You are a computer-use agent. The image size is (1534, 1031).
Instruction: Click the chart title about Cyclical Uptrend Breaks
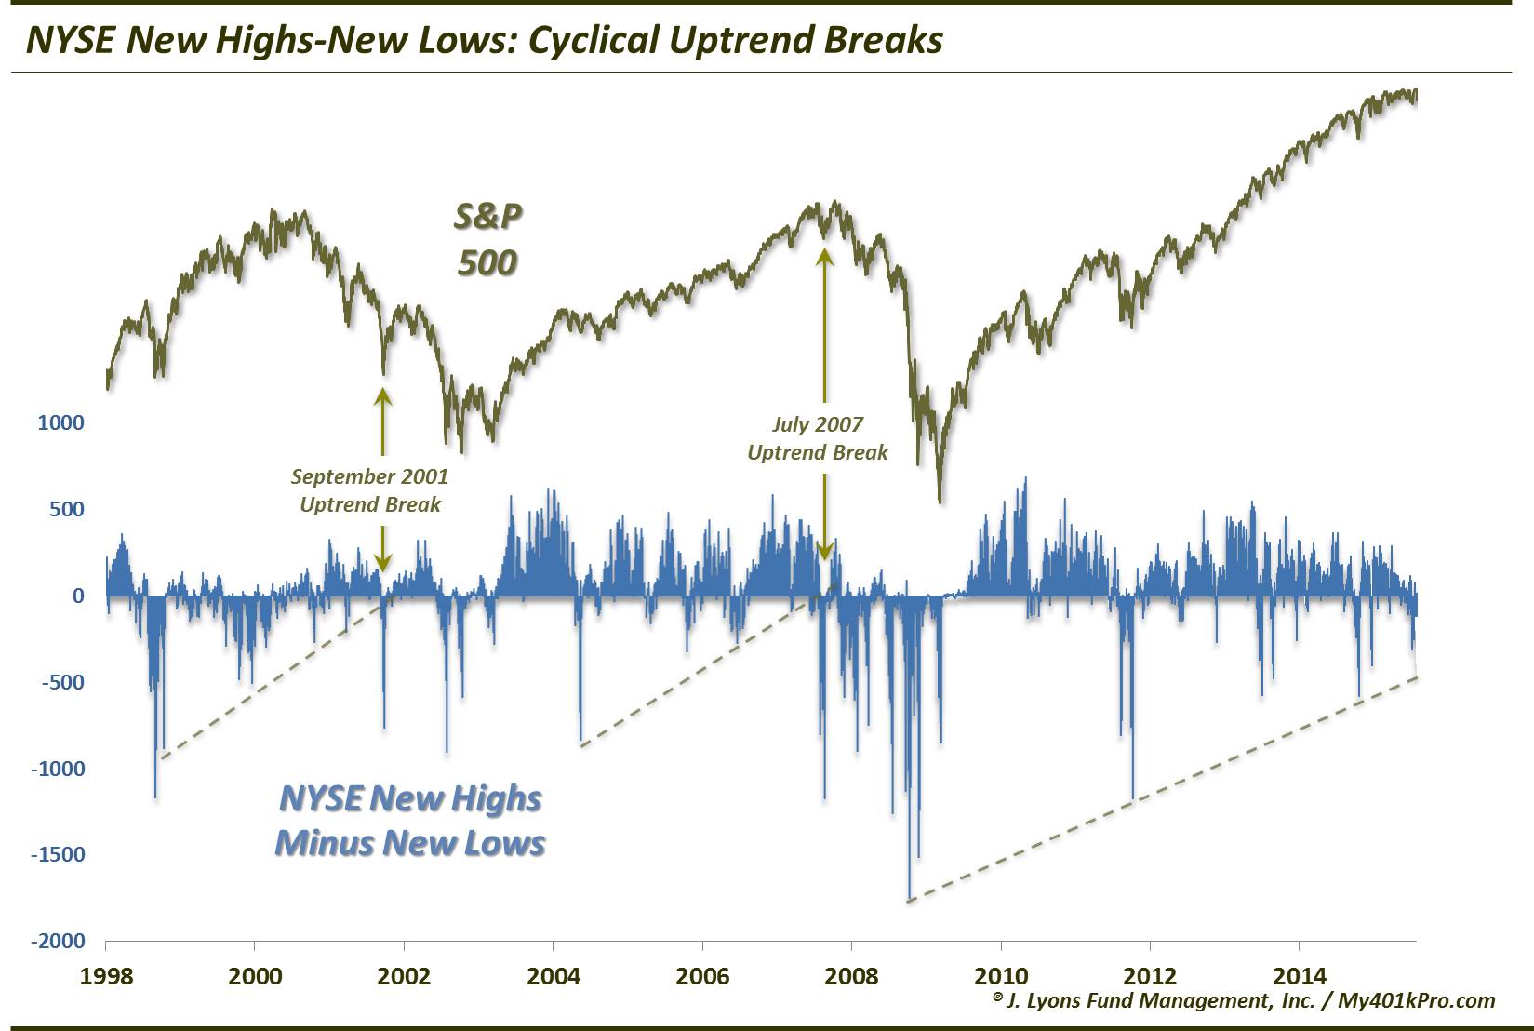pos(485,40)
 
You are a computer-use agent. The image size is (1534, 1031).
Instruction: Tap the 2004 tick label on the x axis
pos(554,976)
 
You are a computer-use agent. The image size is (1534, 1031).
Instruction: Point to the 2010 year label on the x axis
pos(1001,976)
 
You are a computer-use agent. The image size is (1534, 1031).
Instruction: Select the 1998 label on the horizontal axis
pos(106,976)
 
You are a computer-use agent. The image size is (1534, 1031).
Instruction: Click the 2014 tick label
pos(1300,976)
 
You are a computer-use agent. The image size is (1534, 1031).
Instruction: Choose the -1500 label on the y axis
pos(58,855)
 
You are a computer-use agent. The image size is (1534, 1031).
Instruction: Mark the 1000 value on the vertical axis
pos(60,423)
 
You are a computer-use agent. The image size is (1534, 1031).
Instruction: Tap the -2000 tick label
pos(58,942)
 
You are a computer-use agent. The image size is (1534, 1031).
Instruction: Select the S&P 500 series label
pos(487,239)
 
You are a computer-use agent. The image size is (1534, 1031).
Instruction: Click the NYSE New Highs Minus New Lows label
pos(410,820)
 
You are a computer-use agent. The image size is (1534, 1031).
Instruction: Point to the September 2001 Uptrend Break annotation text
pos(370,490)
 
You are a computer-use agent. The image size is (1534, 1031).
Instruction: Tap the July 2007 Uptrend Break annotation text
pos(818,438)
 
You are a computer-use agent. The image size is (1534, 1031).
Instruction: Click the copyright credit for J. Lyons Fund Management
pos(1244,1000)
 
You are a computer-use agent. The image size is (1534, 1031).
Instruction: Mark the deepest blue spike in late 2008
pos(909,895)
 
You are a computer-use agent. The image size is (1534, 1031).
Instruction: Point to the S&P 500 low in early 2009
pos(940,500)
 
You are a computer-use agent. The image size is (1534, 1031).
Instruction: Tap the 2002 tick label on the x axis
pos(405,976)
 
